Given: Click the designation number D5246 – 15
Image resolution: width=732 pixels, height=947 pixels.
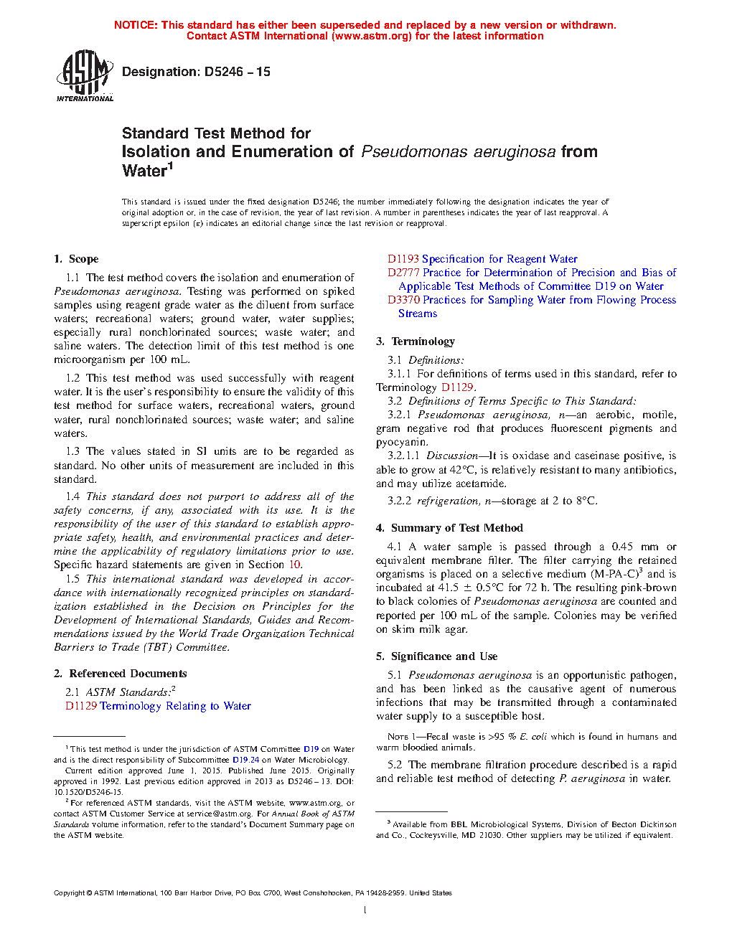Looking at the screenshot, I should (237, 72).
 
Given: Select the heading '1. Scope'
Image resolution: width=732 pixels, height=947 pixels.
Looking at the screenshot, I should (76, 259).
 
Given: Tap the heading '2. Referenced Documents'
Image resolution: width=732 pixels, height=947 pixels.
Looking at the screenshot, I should (121, 674).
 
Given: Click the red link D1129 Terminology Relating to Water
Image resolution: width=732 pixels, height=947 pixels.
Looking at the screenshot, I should (158, 706).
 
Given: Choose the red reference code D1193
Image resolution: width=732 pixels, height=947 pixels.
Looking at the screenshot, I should (403, 259).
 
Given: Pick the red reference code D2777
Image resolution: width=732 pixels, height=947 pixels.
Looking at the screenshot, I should (403, 273).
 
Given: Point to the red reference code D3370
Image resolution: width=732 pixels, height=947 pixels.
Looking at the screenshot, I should (403, 300).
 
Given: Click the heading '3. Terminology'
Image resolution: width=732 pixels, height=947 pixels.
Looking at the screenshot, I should (416, 341).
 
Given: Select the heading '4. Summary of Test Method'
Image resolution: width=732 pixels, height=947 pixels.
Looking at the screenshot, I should (449, 528).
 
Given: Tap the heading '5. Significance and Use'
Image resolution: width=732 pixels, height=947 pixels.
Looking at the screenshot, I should (436, 656).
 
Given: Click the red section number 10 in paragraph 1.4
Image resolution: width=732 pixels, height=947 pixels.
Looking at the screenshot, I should (294, 565).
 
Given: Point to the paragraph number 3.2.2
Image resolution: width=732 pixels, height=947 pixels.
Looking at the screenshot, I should (399, 501).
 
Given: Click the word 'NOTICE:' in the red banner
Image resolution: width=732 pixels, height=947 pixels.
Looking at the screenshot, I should (136, 25).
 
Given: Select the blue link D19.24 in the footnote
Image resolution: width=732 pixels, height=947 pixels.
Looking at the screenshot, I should (245, 760).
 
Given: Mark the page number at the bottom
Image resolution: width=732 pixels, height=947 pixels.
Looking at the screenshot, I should (365, 910).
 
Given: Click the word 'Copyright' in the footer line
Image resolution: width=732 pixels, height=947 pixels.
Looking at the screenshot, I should (69, 893).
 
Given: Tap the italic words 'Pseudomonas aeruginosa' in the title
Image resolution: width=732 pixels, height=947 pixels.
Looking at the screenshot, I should (458, 152).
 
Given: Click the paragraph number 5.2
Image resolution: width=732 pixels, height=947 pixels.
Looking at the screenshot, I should (395, 765).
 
